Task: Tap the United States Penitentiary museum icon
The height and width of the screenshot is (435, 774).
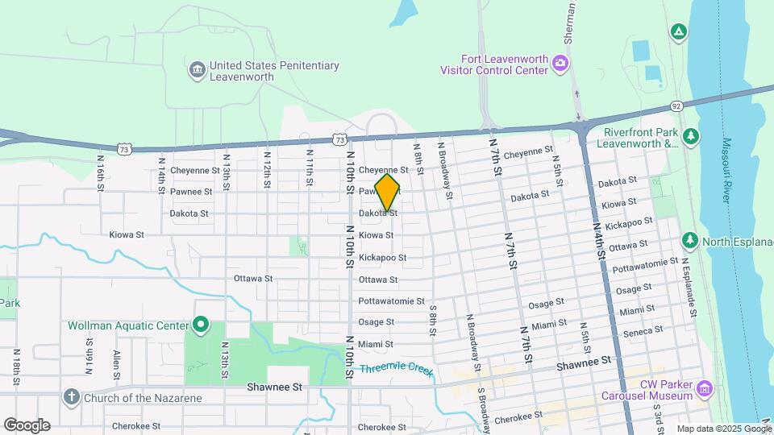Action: tap(197, 71)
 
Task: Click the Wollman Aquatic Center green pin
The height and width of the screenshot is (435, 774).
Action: tap(201, 325)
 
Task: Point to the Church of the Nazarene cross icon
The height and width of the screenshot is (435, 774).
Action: tap(72, 396)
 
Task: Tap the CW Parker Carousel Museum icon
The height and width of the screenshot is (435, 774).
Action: tap(705, 390)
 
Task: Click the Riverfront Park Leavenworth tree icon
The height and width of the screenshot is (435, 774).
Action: tap(690, 138)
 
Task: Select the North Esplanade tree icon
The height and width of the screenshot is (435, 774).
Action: tap(689, 240)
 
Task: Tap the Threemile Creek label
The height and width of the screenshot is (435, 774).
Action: tap(396, 371)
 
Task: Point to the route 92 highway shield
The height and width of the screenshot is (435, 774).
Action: tap(676, 106)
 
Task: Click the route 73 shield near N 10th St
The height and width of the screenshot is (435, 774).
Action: tap(340, 139)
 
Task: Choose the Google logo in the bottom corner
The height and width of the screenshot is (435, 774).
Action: tap(27, 425)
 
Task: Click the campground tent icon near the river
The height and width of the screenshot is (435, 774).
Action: tap(679, 32)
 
